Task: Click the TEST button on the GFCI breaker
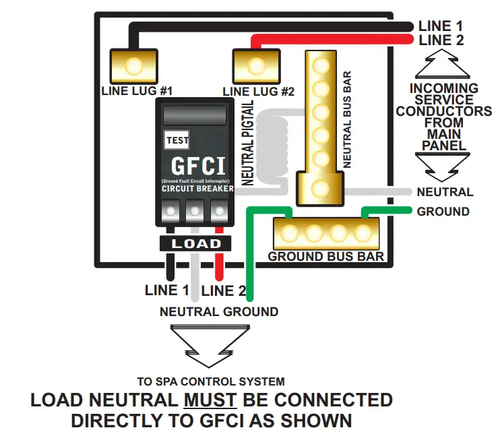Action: click(177, 140)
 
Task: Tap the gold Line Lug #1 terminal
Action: click(133, 66)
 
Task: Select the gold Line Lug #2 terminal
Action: click(256, 66)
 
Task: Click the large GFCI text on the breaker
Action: click(197, 166)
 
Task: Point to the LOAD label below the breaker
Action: click(195, 243)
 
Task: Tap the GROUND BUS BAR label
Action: click(326, 257)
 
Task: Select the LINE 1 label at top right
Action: click(441, 26)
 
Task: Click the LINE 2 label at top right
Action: click(441, 40)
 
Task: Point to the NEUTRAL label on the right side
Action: click(445, 192)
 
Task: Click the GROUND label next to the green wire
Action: click(443, 212)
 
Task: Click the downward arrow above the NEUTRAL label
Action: click(443, 164)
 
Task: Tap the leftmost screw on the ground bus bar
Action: click(290, 233)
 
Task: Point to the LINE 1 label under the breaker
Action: click(166, 291)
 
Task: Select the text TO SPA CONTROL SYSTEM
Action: click(210, 381)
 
